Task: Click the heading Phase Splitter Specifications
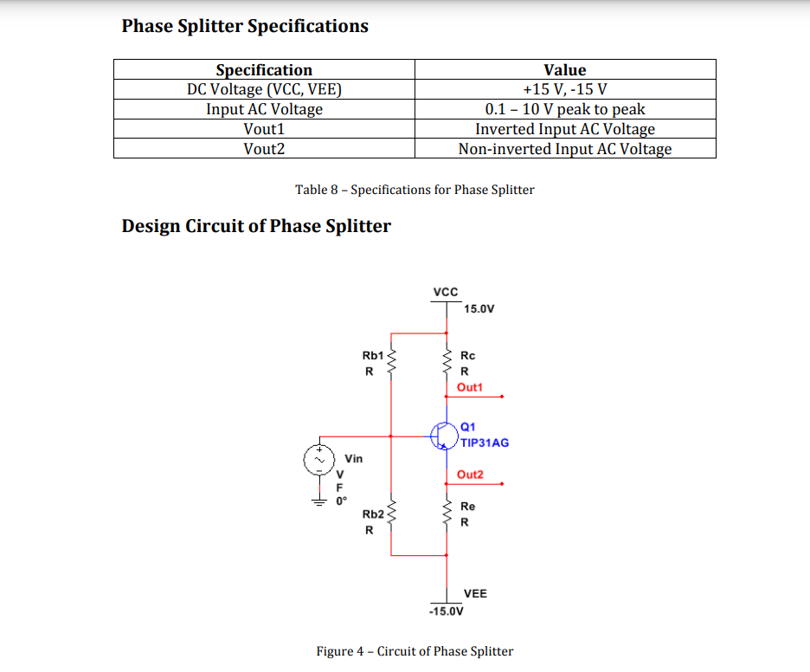point(245,26)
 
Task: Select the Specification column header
point(264,70)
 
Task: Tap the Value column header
point(564,70)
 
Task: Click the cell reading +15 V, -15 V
point(564,89)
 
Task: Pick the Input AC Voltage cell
point(264,109)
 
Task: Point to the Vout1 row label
point(264,129)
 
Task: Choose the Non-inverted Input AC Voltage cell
point(564,149)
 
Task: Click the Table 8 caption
point(415,190)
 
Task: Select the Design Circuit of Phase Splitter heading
point(256,226)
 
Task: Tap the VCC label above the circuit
point(445,293)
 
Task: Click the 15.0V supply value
point(479,308)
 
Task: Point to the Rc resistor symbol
point(447,363)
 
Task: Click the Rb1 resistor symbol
point(390,363)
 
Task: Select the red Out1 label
point(470,387)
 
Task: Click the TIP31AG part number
point(485,443)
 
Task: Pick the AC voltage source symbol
point(318,460)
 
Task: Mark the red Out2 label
point(470,475)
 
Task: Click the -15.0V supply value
point(447,611)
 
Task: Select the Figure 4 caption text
point(415,651)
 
